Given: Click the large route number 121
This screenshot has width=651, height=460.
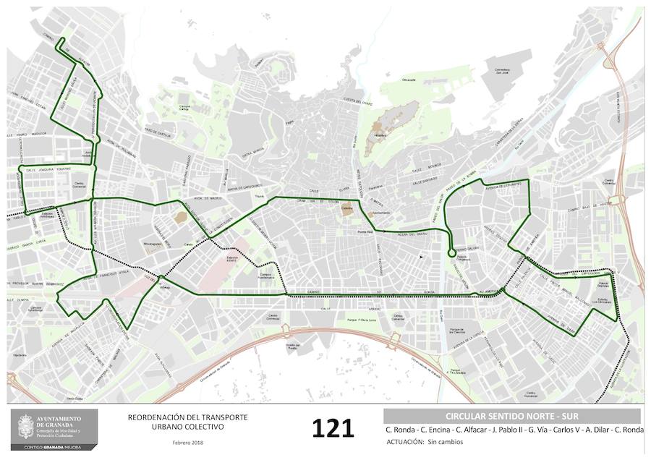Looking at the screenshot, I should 333,427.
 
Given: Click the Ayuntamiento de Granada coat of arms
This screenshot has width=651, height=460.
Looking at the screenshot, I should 25,426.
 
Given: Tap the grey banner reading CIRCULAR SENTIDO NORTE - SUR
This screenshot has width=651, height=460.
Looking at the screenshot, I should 511,416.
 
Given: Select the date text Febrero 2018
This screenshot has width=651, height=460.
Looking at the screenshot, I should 187,442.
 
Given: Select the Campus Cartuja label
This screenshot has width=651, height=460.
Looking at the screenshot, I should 186,107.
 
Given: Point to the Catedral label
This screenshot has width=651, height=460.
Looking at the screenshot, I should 346,205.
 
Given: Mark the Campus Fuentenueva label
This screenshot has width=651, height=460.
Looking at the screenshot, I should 268,276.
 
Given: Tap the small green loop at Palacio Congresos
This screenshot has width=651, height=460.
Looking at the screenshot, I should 452,252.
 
